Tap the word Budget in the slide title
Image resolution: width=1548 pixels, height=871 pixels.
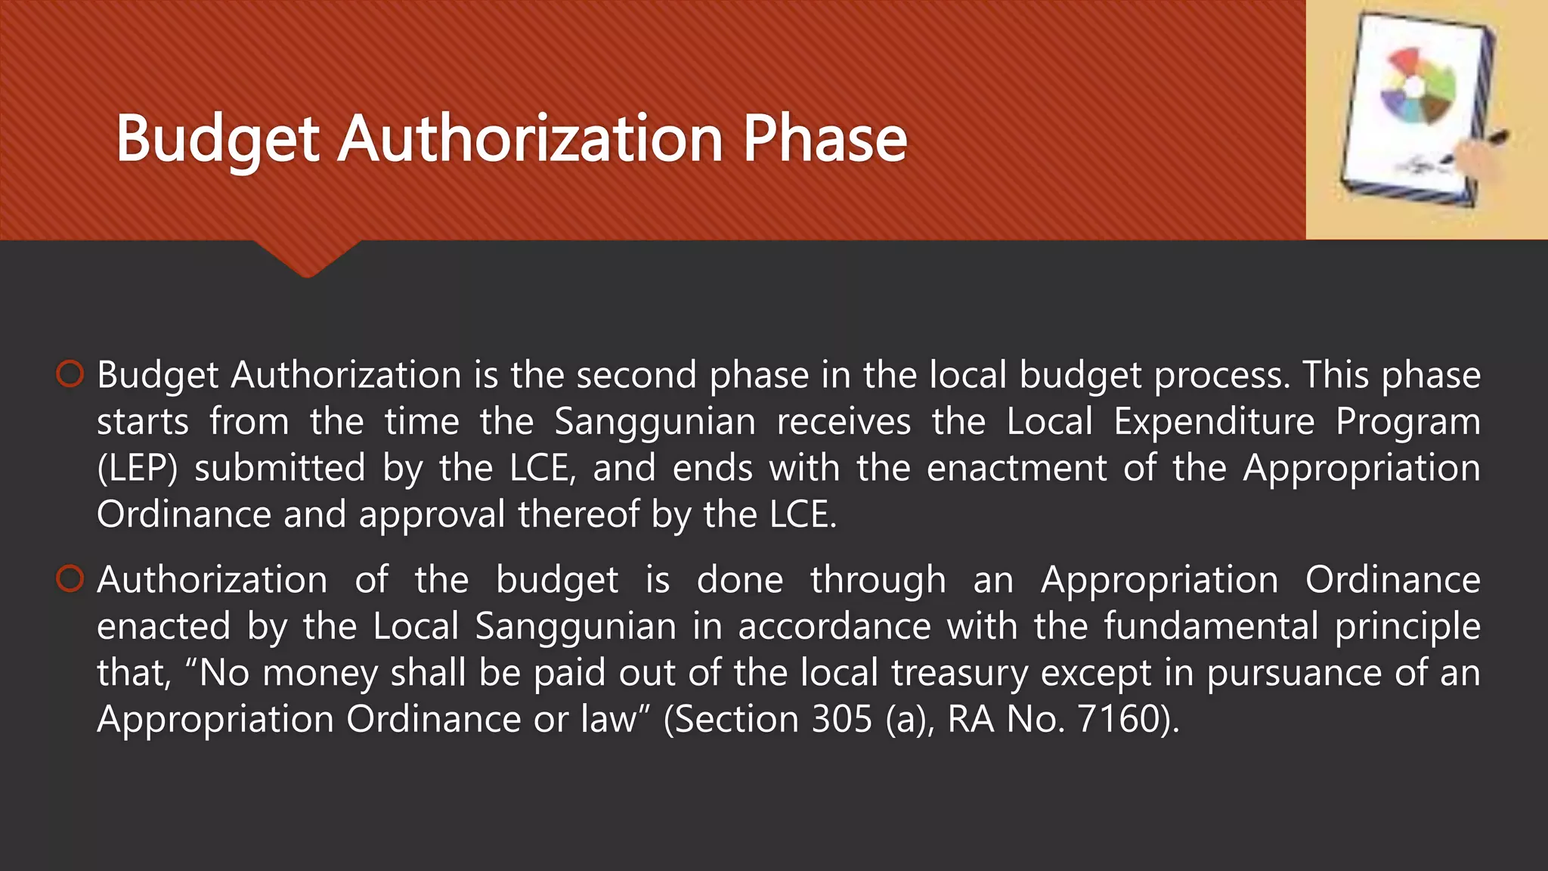(x=218, y=141)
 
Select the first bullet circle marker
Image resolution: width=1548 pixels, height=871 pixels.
(x=70, y=374)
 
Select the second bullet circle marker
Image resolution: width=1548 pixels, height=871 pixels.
(x=70, y=579)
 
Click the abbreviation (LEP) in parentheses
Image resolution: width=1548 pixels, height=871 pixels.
(x=137, y=468)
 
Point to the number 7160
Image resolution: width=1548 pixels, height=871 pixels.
(x=1118, y=718)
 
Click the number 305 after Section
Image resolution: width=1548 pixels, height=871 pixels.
(x=842, y=718)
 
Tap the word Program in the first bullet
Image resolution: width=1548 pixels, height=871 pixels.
(x=1407, y=422)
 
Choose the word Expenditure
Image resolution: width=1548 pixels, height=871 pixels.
(x=1214, y=421)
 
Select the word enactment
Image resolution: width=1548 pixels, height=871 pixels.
(x=1017, y=468)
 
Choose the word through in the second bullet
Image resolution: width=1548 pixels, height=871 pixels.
(x=878, y=581)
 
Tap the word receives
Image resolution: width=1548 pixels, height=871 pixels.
(x=844, y=421)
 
